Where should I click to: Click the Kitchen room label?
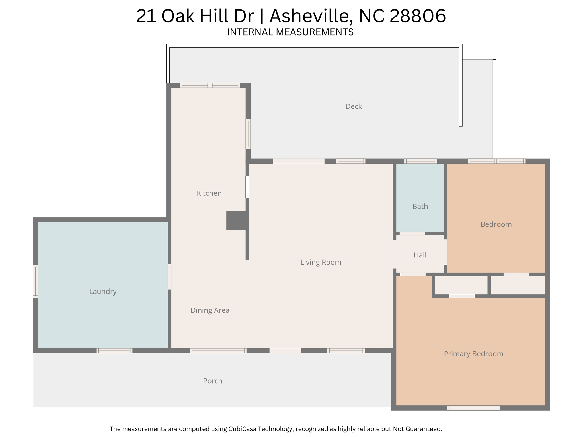pos(209,193)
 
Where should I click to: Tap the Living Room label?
pos(321,262)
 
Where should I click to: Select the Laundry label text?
pos(103,292)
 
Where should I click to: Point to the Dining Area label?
pos(210,310)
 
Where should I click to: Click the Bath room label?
pos(420,206)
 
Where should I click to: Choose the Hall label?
pos(420,255)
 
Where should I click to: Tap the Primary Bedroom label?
pos(474,354)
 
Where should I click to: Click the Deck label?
pos(354,106)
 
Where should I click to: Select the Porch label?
pos(213,381)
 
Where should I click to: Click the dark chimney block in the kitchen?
pos(236,220)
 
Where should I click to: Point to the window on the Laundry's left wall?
pos(35,281)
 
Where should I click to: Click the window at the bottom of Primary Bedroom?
pos(473,408)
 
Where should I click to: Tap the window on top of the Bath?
pos(420,161)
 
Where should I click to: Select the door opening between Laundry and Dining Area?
pos(169,277)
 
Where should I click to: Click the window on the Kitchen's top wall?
pos(210,85)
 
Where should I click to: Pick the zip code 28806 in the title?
pos(417,16)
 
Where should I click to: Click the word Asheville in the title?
pos(309,16)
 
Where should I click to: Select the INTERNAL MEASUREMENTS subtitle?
pos(290,32)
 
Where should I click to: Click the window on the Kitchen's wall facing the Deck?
pos(248,134)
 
